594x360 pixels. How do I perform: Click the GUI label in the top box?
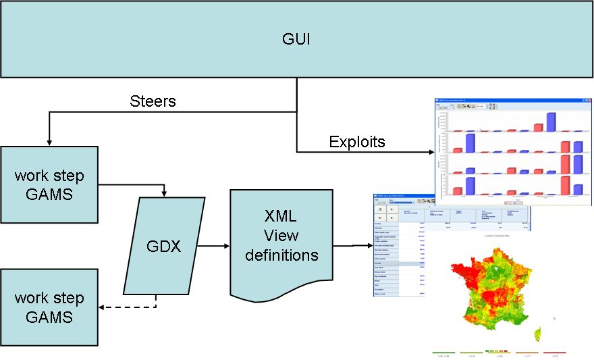pyautogui.click(x=297, y=38)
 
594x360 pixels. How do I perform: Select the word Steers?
pyautogui.click(x=153, y=101)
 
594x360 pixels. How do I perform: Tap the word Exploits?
pyautogui.click(x=357, y=142)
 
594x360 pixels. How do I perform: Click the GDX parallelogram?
pyautogui.click(x=164, y=247)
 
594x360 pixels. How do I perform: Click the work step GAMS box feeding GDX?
pyautogui.click(x=49, y=184)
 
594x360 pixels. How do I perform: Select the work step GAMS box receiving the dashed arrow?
pyautogui.click(x=49, y=307)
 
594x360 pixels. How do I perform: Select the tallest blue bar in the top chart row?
pyautogui.click(x=551, y=122)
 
